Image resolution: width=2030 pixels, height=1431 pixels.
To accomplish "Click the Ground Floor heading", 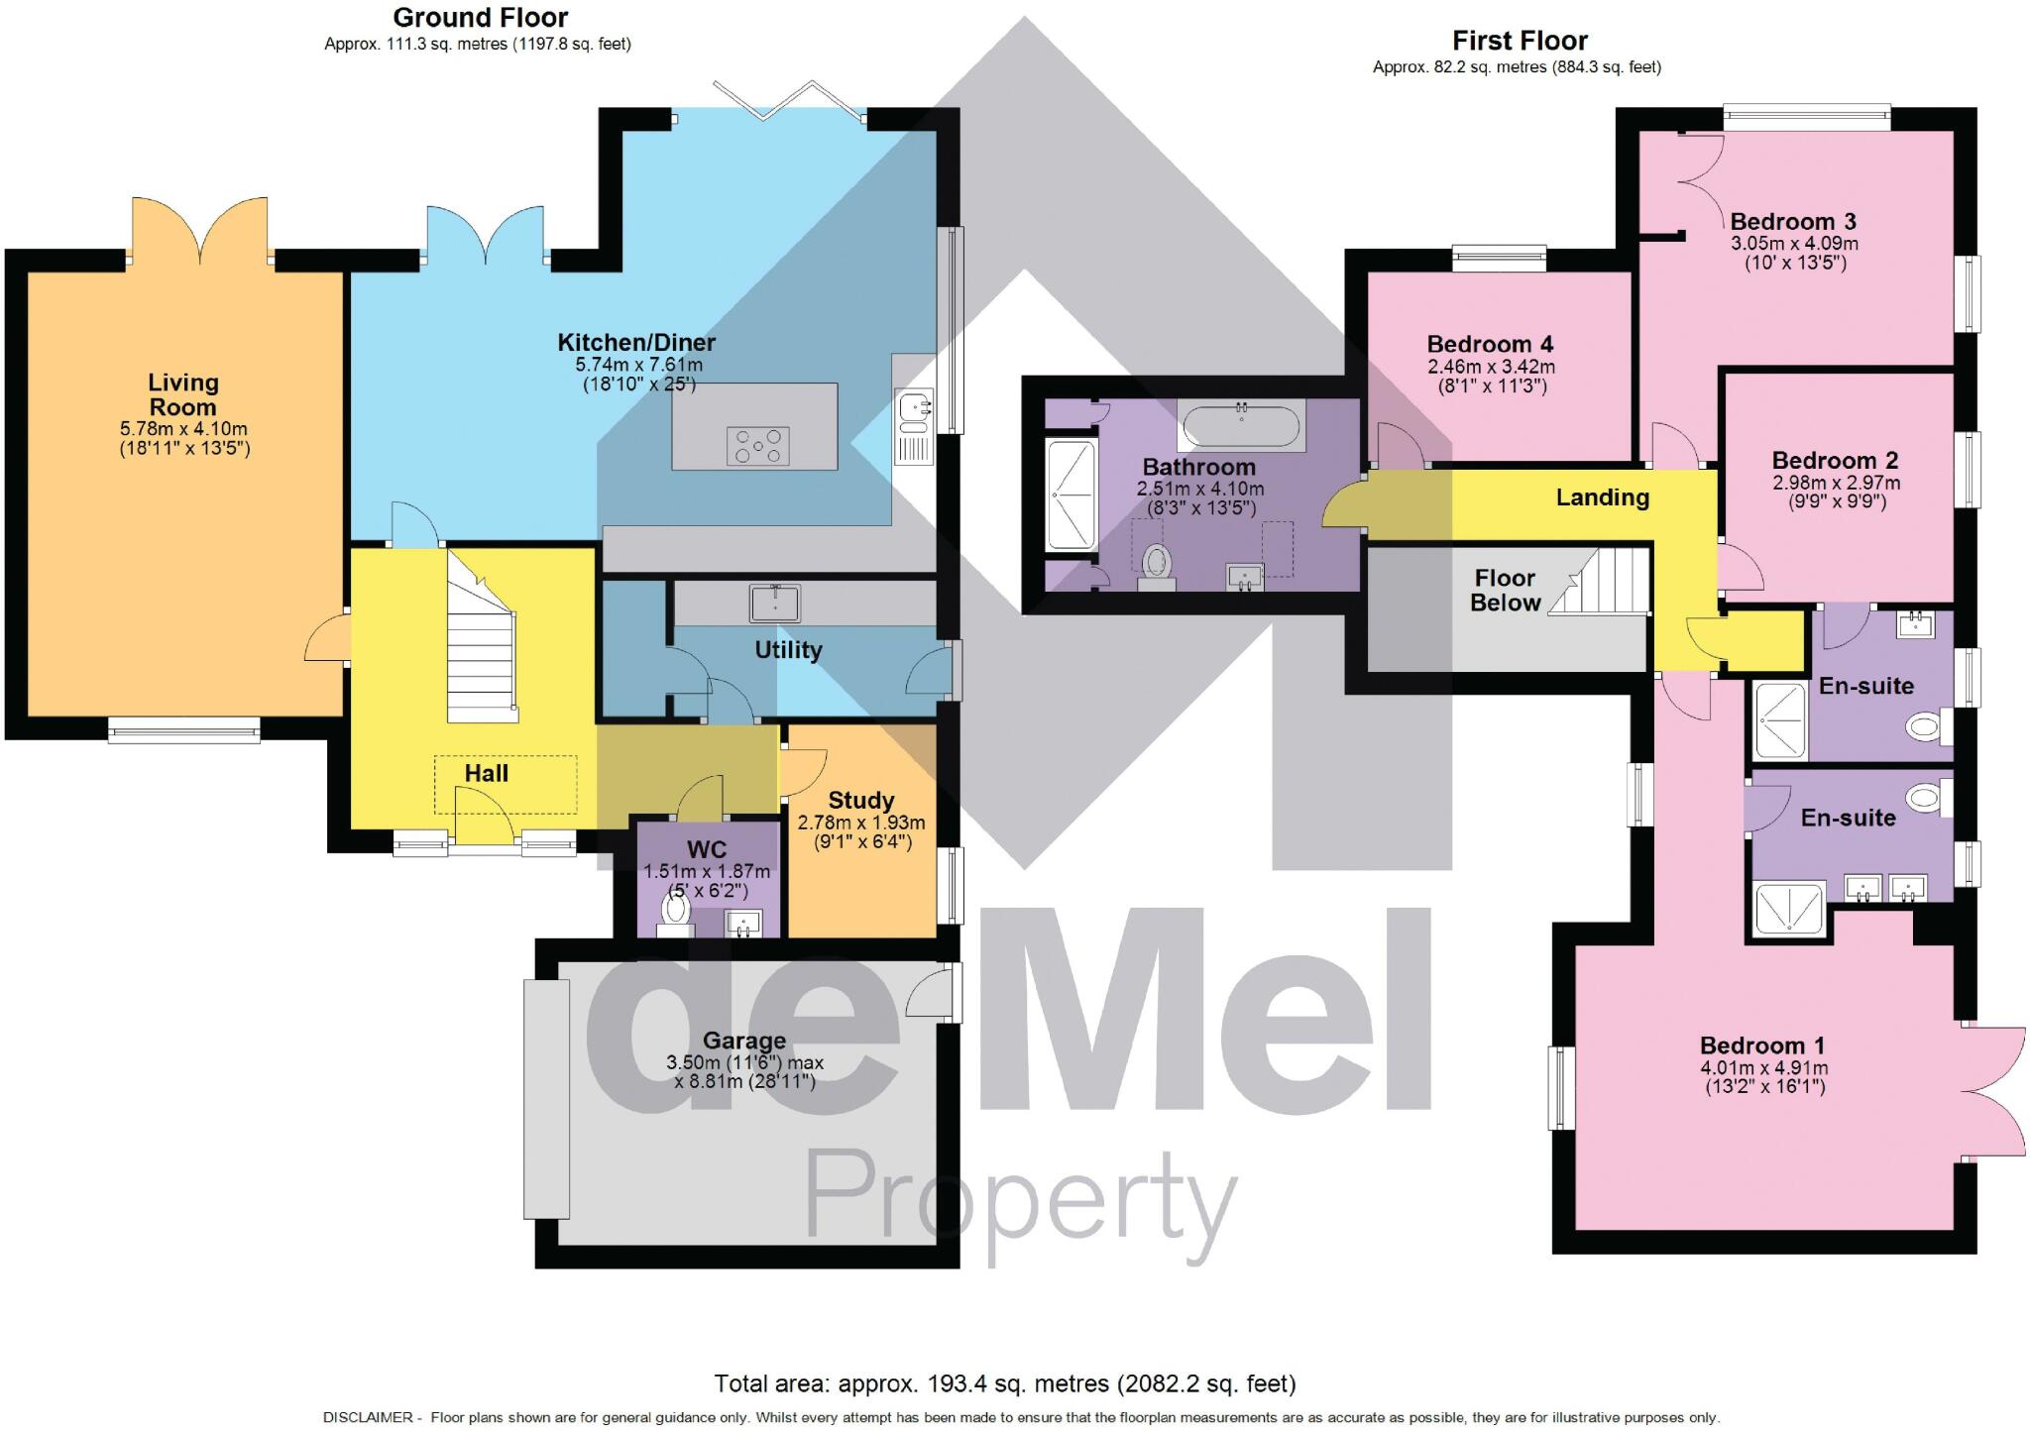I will click(x=481, y=18).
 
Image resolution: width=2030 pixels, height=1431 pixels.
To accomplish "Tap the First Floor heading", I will click(x=1520, y=41).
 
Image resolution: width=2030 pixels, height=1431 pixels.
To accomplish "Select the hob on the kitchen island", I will click(x=758, y=446).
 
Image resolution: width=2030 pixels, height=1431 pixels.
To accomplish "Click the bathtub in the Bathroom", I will click(x=1241, y=427).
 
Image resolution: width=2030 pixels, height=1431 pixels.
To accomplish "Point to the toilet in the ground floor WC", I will click(x=676, y=913).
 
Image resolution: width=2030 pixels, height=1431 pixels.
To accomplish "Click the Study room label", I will click(x=860, y=800).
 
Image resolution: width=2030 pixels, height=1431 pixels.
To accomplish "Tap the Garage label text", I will click(x=744, y=1041).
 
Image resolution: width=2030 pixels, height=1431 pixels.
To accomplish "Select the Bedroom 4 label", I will click(x=1490, y=344).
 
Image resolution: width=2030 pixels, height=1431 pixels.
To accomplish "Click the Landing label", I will click(x=1602, y=497).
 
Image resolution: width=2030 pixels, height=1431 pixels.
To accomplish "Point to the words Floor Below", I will click(x=1505, y=590).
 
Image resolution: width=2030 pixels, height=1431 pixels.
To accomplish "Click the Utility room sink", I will click(x=775, y=602).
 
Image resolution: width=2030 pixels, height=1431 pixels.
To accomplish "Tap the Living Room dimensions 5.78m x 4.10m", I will click(x=183, y=429).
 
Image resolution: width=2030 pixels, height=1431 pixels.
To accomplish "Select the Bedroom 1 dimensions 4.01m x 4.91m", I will click(x=1763, y=1067).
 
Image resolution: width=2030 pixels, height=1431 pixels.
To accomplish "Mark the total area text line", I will click(x=1005, y=1382).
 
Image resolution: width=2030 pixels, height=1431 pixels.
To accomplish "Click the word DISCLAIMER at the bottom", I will click(x=368, y=1417).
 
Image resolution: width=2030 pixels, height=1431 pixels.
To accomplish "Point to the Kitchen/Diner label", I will click(x=636, y=343).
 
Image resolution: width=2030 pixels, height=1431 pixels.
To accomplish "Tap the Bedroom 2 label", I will click(x=1835, y=460).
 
